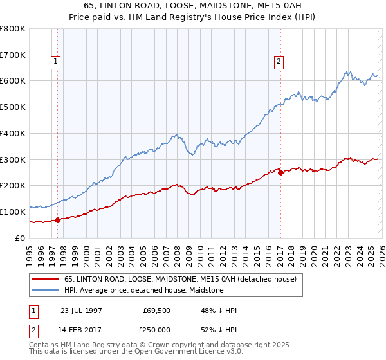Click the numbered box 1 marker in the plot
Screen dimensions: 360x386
pyautogui.click(x=56, y=62)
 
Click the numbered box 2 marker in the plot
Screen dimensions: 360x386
pyautogui.click(x=279, y=62)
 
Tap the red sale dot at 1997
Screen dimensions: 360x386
pyautogui.click(x=57, y=220)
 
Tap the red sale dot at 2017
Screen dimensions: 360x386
pyautogui.click(x=280, y=172)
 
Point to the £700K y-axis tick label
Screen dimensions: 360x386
pyautogui.click(x=13, y=55)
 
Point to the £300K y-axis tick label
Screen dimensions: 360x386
pyautogui.click(x=13, y=159)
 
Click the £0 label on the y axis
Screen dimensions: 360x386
pyautogui.click(x=21, y=238)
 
